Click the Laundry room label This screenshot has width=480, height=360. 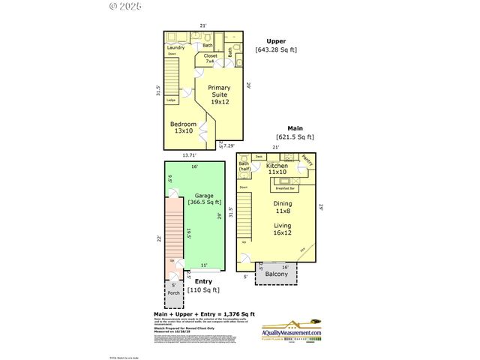click(175, 48)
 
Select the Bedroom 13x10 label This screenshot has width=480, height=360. click(183, 127)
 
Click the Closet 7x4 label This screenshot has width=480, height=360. click(211, 58)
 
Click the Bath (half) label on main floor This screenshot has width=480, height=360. click(244, 166)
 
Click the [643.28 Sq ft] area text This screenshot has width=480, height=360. click(277, 50)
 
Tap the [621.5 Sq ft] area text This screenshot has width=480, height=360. click(295, 137)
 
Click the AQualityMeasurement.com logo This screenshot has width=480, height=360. click(291, 334)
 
